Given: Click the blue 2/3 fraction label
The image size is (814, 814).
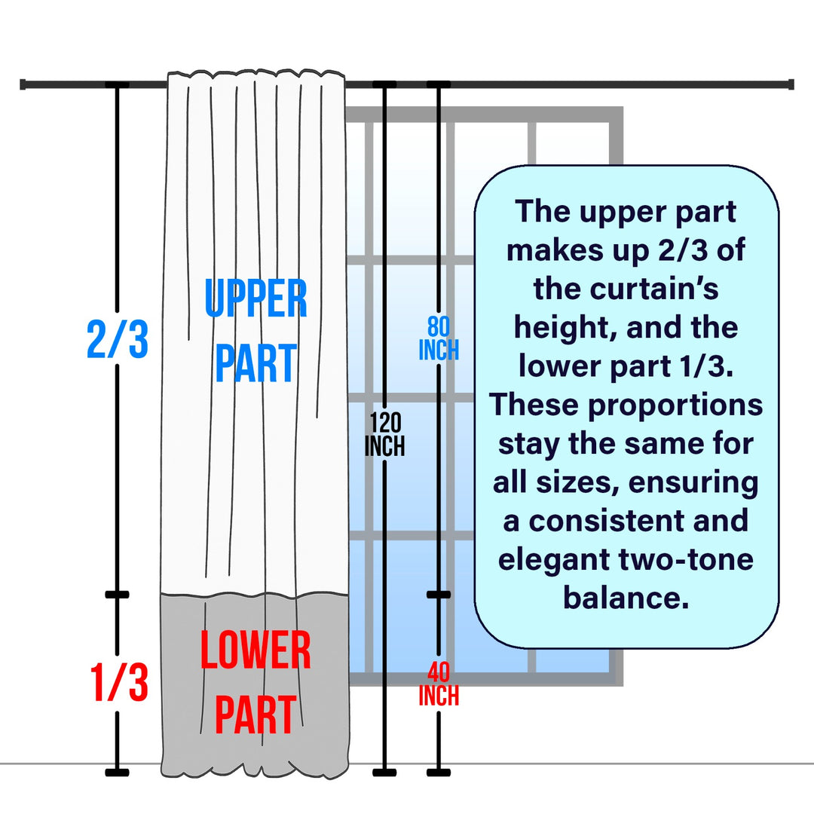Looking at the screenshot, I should pos(117,341).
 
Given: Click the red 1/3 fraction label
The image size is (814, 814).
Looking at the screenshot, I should pos(117,682).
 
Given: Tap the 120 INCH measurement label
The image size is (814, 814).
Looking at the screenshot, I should pos(384,435).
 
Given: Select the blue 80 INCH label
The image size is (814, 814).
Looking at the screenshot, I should pos(439,339).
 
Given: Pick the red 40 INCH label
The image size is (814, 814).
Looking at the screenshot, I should pos(439,684).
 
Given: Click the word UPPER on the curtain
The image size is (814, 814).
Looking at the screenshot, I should pos(256,298).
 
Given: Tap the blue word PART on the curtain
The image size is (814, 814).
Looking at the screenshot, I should pos(256,364).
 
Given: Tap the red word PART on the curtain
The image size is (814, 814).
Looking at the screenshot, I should pos(256,715).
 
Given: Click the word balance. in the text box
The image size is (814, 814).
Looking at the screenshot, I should pos(626,598).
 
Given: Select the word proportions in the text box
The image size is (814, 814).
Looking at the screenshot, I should pos(675,405).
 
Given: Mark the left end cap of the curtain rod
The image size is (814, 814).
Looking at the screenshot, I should pos(23,84).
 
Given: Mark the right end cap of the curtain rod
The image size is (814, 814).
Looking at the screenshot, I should pos(791,84).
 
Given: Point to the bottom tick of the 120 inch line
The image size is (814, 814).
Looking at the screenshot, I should pos(384,772).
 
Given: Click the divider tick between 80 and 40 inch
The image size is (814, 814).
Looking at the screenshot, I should pos(439,595).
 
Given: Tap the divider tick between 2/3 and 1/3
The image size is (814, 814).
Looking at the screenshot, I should pos(117,595).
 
